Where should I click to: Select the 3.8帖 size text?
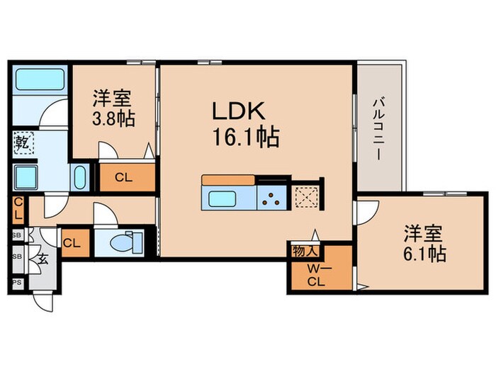[x=113, y=117]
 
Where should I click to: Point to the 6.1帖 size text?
[x=425, y=254]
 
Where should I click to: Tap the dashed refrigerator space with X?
[x=307, y=196]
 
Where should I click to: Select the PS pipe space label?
[x=16, y=282]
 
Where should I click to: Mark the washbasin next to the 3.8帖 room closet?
[x=79, y=175]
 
